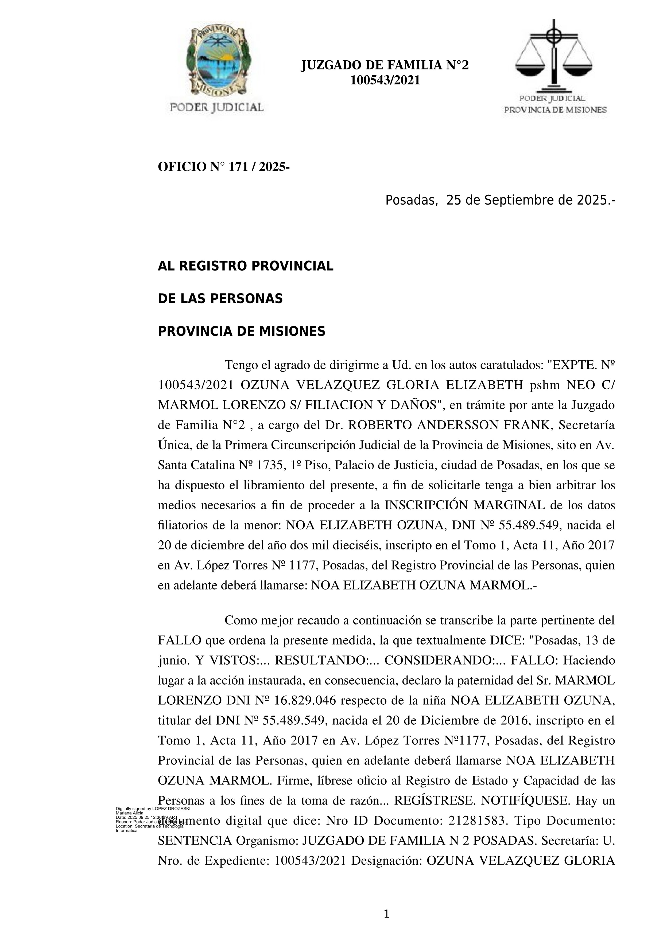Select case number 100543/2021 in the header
coord(385,80)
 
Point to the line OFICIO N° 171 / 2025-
coord(224,167)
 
